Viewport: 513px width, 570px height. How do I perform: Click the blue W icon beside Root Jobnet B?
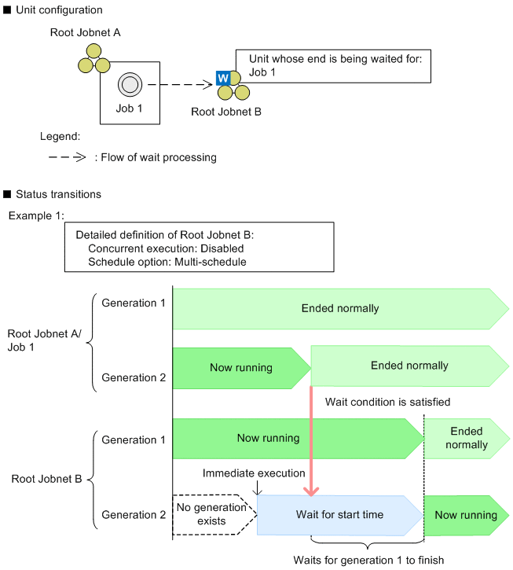tap(223, 79)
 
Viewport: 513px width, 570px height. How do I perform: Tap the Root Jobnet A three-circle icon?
tap(93, 57)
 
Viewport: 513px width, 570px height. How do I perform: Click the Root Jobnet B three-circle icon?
tap(233, 86)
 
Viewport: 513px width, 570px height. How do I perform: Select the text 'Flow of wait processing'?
tap(156, 157)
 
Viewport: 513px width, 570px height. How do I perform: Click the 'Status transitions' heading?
tap(59, 193)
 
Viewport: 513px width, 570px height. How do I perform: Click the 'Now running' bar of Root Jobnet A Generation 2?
tap(241, 367)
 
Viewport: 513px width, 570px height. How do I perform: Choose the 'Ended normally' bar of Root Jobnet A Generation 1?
tap(339, 307)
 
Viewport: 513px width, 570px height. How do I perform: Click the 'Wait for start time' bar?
tap(339, 515)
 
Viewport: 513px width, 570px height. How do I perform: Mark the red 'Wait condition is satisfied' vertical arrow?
tap(312, 440)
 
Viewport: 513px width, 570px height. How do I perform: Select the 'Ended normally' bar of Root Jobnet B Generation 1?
tap(467, 438)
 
